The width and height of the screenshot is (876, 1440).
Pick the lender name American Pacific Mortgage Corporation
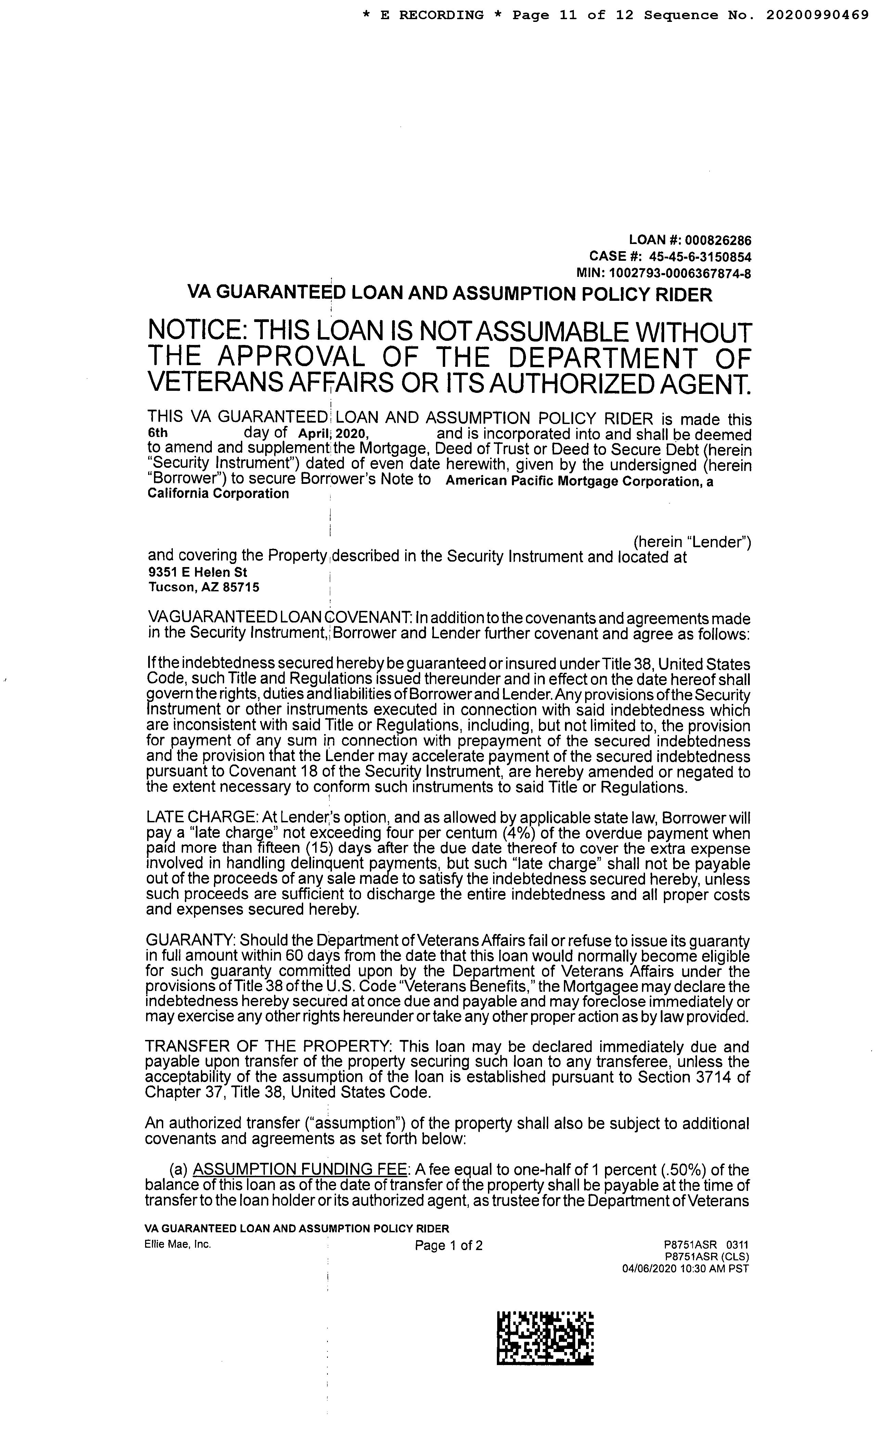pos(571,481)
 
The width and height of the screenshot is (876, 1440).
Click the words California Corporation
pos(218,494)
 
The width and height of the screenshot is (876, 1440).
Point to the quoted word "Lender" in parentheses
pos(720,542)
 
